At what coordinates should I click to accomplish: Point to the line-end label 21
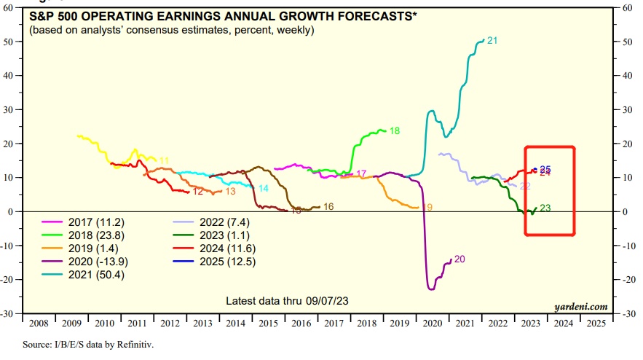click(x=492, y=40)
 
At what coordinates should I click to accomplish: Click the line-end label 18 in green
click(x=395, y=131)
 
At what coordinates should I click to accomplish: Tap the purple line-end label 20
click(x=459, y=259)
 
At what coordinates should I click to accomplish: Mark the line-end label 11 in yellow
click(x=164, y=160)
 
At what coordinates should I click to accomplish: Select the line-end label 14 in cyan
click(x=263, y=188)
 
